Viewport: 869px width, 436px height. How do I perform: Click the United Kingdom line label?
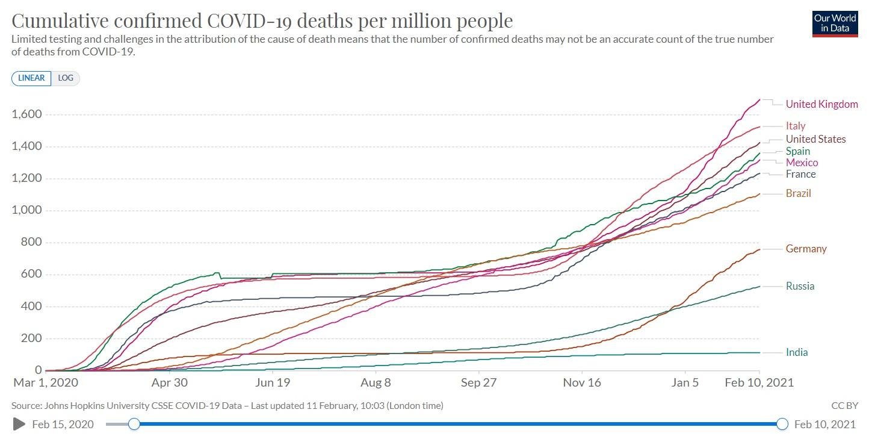(x=821, y=104)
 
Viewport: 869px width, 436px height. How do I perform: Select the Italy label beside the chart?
(x=795, y=126)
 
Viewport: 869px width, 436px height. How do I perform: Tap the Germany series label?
(x=806, y=249)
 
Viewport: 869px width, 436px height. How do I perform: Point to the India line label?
(x=797, y=352)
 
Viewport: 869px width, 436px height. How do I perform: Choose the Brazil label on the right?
(x=798, y=193)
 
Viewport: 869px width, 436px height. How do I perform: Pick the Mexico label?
(x=802, y=163)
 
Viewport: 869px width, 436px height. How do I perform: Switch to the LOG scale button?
(x=66, y=78)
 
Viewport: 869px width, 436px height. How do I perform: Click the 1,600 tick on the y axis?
(x=26, y=114)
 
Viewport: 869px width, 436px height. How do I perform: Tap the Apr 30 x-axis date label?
(x=170, y=382)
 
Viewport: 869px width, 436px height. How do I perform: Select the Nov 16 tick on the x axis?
(x=582, y=382)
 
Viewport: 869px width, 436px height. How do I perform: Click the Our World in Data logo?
(x=834, y=23)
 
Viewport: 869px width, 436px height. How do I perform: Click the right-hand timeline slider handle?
(x=782, y=424)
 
